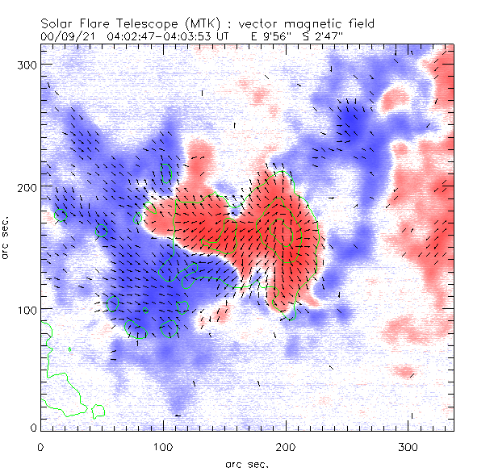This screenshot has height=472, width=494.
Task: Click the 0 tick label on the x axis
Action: pos(40,445)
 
